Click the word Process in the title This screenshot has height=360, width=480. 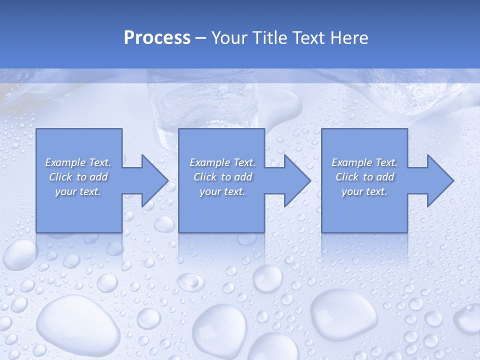tap(157, 38)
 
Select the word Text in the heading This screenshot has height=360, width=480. tap(308, 38)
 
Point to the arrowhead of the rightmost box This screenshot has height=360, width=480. tap(439, 180)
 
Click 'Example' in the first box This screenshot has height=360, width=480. tap(65, 162)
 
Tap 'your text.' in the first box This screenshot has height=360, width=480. tap(78, 191)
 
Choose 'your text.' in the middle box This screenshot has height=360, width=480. tap(222, 191)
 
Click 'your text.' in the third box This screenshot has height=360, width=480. tap(364, 191)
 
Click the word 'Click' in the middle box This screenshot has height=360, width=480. tap(204, 177)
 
